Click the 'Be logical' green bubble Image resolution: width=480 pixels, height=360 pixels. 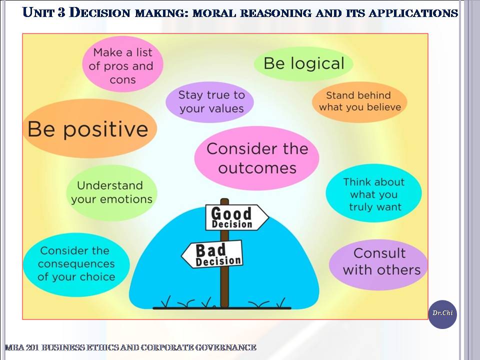(x=303, y=63)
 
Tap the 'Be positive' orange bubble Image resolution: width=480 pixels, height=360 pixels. (x=89, y=128)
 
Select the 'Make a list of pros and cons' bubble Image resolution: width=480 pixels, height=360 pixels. (x=122, y=64)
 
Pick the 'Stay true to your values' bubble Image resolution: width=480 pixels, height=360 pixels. (x=210, y=102)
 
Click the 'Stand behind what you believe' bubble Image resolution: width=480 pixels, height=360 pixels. (x=359, y=102)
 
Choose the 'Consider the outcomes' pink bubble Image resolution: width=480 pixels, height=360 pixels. (x=257, y=158)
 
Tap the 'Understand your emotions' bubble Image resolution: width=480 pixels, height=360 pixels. (x=111, y=193)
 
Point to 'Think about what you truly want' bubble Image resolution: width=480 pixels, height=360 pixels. (x=373, y=193)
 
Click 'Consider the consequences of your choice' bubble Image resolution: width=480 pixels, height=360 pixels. (x=76, y=264)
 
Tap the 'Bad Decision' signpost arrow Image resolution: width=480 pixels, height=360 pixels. (x=212, y=254)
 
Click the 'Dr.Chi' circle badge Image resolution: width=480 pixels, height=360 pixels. (x=442, y=314)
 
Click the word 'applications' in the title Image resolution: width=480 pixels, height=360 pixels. (x=413, y=13)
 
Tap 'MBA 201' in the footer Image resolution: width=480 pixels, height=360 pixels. (x=21, y=347)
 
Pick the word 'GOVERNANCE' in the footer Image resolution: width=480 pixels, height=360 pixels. (x=225, y=347)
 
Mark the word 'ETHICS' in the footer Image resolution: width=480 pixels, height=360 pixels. (x=103, y=347)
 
